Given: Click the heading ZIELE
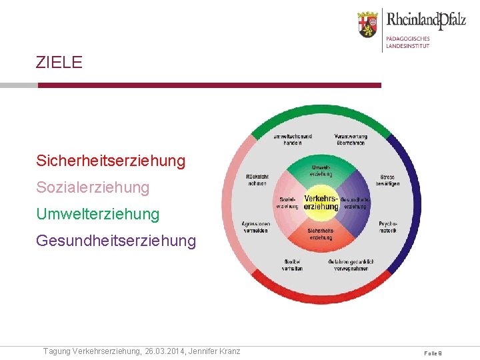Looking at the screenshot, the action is pyautogui.click(x=59, y=63).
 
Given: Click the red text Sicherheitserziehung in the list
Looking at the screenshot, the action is pyautogui.click(x=111, y=161).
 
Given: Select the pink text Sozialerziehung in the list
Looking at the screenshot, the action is pyautogui.click(x=93, y=187).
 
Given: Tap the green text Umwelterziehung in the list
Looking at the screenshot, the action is pyautogui.click(x=98, y=214).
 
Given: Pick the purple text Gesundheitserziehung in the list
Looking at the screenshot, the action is pyautogui.click(x=116, y=241).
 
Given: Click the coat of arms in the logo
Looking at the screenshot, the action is pyautogui.click(x=367, y=25).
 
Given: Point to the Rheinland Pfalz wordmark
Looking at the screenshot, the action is pyautogui.click(x=426, y=20).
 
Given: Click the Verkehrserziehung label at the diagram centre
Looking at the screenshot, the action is pyautogui.click(x=321, y=203).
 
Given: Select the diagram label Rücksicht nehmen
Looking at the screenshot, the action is pyautogui.click(x=257, y=179).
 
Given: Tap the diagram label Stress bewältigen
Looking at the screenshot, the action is pyautogui.click(x=388, y=180).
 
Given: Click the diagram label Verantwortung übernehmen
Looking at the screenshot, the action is pyautogui.click(x=351, y=139).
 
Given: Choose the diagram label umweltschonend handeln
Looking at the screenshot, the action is pyautogui.click(x=292, y=139).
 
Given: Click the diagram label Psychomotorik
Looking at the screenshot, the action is pyautogui.click(x=388, y=227).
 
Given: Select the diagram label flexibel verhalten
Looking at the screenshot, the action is pyautogui.click(x=292, y=265).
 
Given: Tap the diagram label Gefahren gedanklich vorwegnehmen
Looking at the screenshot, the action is pyautogui.click(x=351, y=265).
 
